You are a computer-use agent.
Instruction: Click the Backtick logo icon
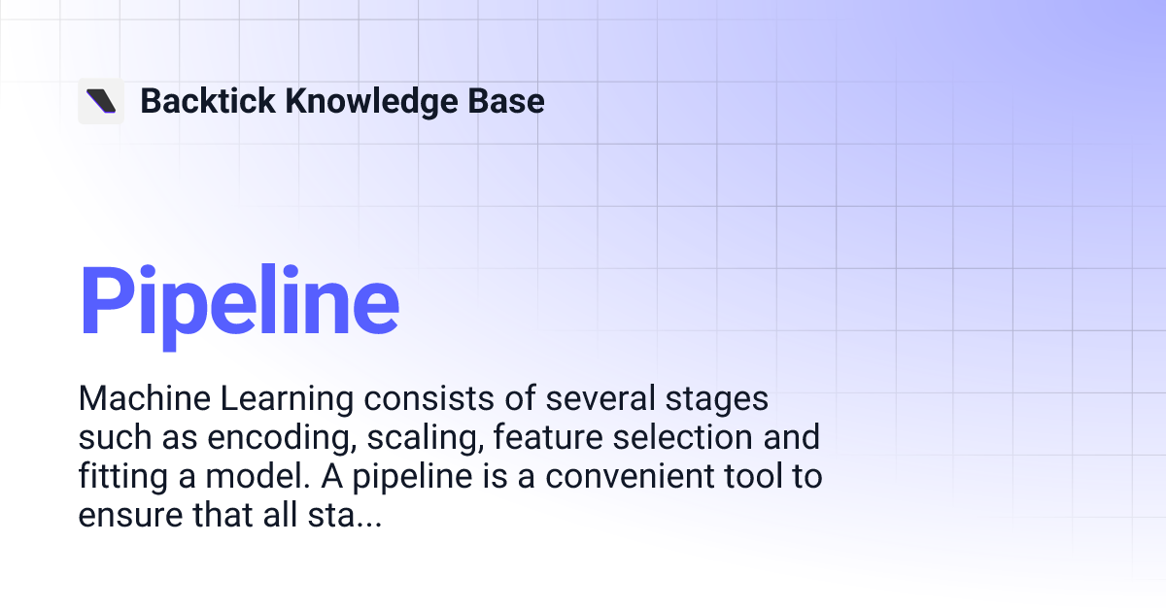click(101, 101)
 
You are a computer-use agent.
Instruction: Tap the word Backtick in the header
click(207, 101)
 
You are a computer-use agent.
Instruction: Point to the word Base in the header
click(510, 101)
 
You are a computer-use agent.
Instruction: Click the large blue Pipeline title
click(239, 300)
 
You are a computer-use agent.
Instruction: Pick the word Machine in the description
click(137, 399)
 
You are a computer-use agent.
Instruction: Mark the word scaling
click(425, 438)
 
